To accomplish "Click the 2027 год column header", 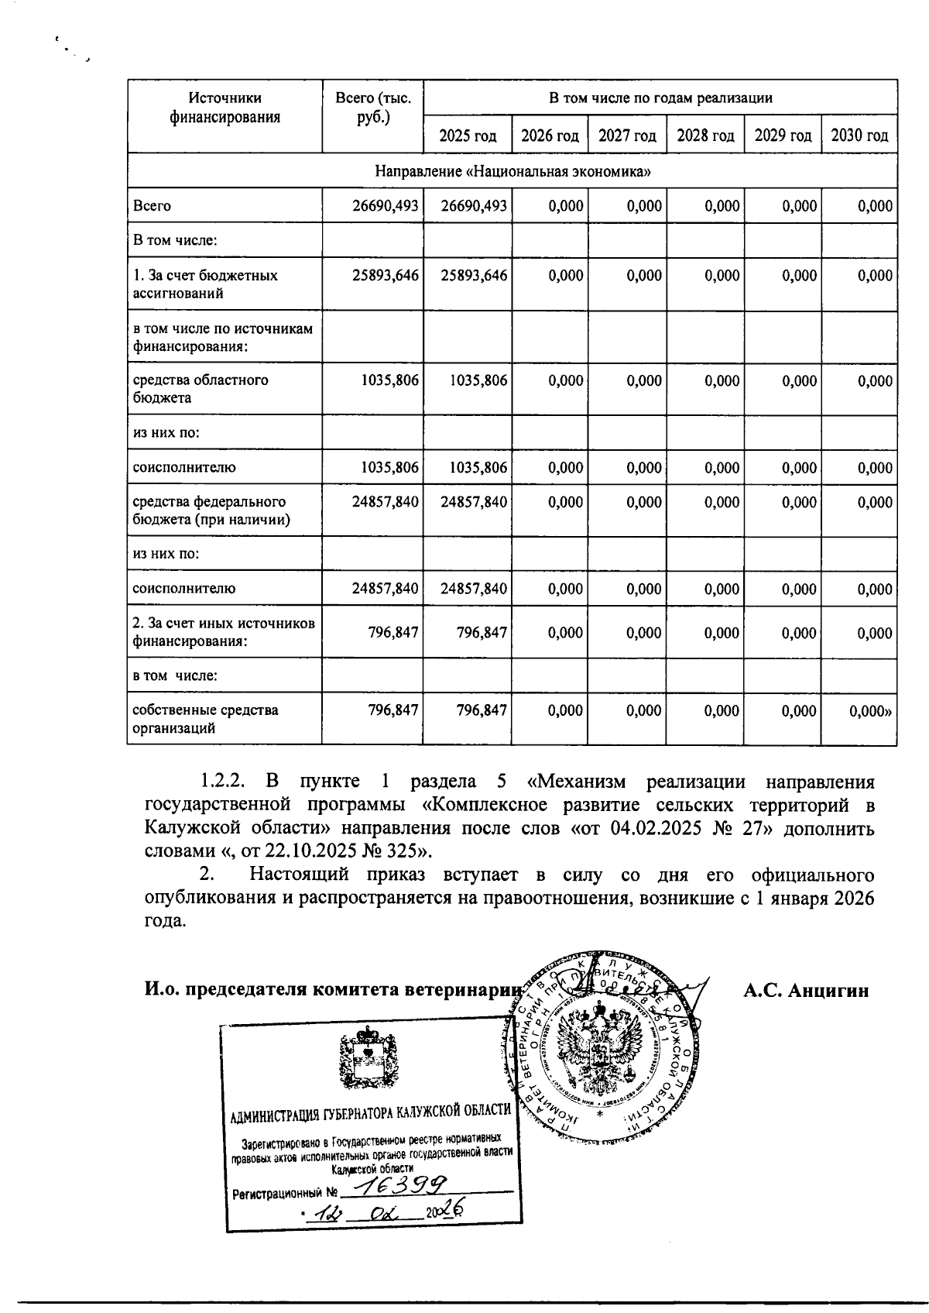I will pos(627,136).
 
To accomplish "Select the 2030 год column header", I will pos(859,136).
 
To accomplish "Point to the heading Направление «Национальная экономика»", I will pos(512,171).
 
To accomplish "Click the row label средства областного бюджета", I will pos(201,389).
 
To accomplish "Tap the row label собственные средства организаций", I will pos(205,719).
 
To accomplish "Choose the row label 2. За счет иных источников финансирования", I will pos(224,632).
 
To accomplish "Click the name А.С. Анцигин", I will pos(806,991).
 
